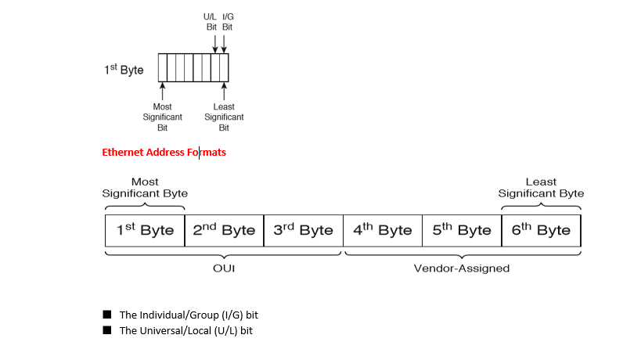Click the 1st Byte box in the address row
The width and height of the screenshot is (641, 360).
[x=145, y=230]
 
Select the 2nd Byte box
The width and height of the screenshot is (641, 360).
[x=224, y=230]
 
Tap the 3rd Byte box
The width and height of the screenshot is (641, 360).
[x=303, y=230]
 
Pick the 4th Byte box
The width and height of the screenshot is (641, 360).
[x=382, y=230]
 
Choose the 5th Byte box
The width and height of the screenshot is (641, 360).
[x=461, y=230]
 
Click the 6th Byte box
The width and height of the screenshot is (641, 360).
[x=541, y=230]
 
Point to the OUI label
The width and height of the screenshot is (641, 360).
[x=224, y=268]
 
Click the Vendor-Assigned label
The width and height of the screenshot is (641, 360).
[x=462, y=268]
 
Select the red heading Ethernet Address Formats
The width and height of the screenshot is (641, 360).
[x=164, y=153]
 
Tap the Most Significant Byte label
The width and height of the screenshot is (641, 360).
[x=145, y=188]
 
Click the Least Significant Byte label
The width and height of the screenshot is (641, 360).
[x=541, y=188]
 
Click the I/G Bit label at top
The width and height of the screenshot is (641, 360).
[x=227, y=21]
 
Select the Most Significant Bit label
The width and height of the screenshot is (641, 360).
[x=162, y=117]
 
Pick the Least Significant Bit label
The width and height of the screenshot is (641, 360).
[x=224, y=117]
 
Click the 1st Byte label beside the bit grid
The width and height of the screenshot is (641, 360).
[x=124, y=70]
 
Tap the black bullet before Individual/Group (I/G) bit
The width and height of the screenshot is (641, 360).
[x=107, y=315]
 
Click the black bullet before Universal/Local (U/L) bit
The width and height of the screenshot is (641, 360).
[x=107, y=330]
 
